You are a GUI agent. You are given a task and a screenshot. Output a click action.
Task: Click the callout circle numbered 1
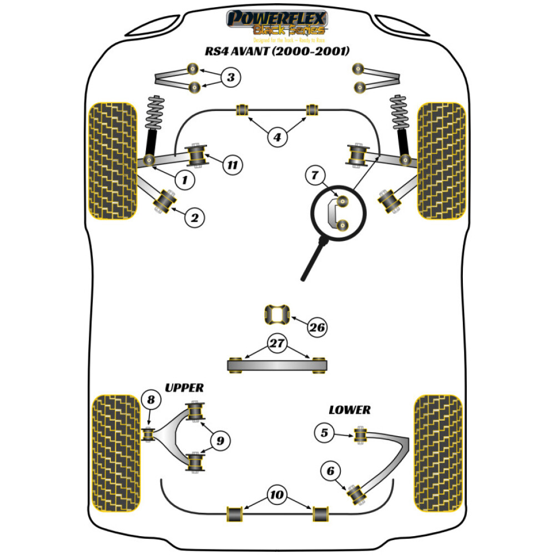pos(185,179)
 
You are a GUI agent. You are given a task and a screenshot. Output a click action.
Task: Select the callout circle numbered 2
pos(194,218)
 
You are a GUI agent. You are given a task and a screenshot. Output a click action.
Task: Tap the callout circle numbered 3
pos(231,78)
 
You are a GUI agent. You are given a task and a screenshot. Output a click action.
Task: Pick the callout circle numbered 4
pos(277,136)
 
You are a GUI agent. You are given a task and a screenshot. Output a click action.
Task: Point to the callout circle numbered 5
pos(325,433)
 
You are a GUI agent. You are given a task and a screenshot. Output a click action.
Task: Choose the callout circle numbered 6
pos(331,471)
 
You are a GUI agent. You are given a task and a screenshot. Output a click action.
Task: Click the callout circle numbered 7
pos(315,177)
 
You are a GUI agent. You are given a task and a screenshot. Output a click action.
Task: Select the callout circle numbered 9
pos(220,441)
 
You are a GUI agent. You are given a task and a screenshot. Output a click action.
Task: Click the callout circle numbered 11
pos(232,165)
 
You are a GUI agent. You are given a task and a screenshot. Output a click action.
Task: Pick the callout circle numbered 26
pos(317,327)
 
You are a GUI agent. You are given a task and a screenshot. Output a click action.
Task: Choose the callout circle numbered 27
pos(276,344)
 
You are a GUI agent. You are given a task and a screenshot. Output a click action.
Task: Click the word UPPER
pos(184,387)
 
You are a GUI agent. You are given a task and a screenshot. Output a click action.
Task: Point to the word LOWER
pos(349,410)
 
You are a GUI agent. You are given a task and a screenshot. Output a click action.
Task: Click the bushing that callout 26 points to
pos(276,315)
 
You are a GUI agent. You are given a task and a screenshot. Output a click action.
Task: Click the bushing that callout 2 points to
pos(165,201)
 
